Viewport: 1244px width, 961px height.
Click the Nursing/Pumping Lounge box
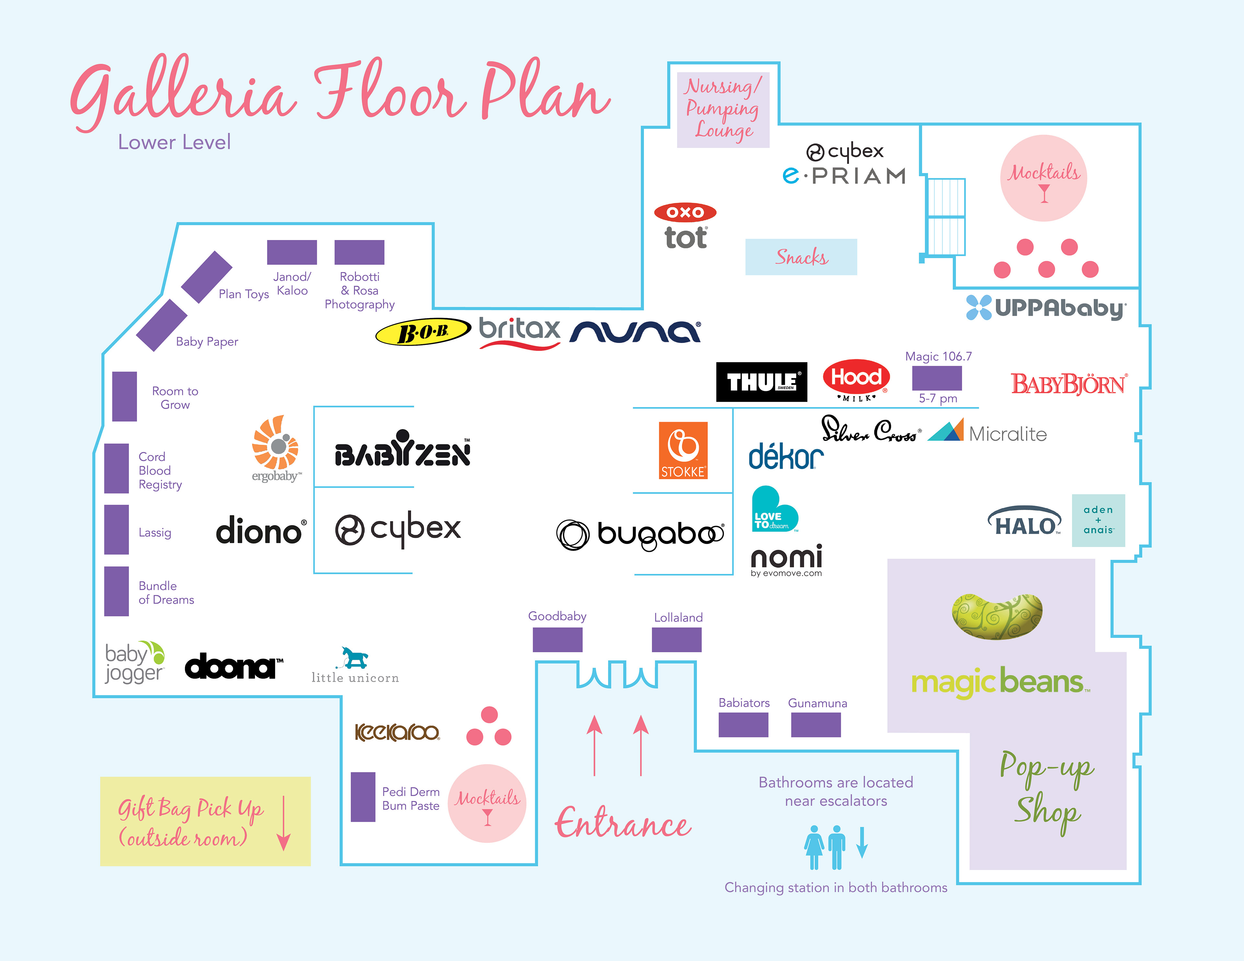pyautogui.click(x=723, y=110)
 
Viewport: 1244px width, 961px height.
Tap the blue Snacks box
pyautogui.click(x=801, y=257)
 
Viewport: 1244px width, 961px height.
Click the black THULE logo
pyautogui.click(x=762, y=382)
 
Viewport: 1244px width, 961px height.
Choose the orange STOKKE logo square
pyautogui.click(x=683, y=450)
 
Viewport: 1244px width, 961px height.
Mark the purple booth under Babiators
pyautogui.click(x=743, y=725)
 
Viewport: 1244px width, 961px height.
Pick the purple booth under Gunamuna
pyautogui.click(x=816, y=725)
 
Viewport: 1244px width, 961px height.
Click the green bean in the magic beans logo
pyautogui.click(x=997, y=616)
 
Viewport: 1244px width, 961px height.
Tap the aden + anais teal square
pyautogui.click(x=1098, y=520)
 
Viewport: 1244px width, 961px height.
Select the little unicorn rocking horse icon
pyautogui.click(x=354, y=658)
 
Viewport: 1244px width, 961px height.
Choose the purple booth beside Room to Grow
pyautogui.click(x=124, y=396)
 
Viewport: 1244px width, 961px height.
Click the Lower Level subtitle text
pyautogui.click(x=174, y=142)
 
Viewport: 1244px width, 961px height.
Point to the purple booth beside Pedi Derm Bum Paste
pyautogui.click(x=363, y=797)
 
